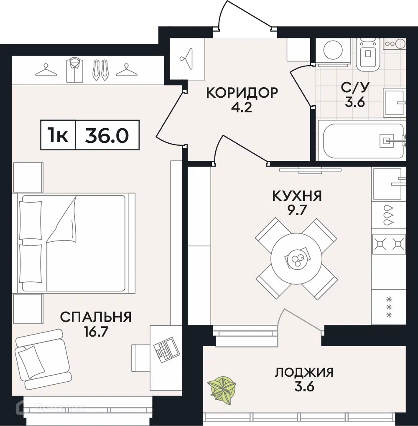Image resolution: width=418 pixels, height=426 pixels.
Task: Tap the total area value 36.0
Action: point(107,135)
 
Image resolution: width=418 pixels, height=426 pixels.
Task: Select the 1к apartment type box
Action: point(58,135)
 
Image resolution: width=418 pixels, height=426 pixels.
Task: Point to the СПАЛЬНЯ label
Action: point(96,317)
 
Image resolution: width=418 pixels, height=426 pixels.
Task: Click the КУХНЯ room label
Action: point(297,195)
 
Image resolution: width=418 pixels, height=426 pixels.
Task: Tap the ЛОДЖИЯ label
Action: point(304,372)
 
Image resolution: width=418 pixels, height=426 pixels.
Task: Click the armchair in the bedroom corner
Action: point(41,359)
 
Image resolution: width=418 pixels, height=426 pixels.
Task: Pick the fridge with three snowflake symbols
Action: point(389,306)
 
